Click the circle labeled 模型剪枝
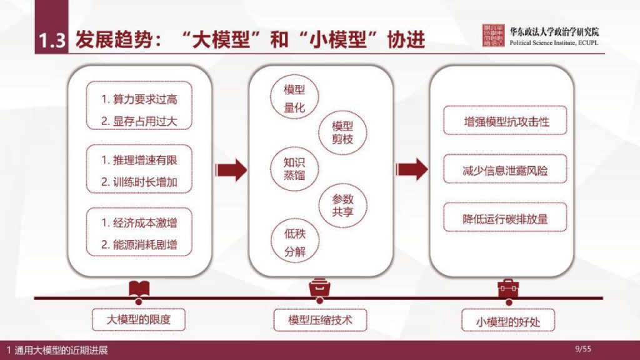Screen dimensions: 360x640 (342, 132)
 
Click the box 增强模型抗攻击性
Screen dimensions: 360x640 (506, 121)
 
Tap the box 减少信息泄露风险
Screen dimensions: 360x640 (506, 171)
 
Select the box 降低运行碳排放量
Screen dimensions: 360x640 (506, 220)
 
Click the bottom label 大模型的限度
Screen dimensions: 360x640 (139, 321)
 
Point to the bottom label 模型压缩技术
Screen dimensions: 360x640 (320, 321)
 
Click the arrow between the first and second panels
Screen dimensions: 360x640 (230, 169)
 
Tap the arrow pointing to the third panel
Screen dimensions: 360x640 (412, 169)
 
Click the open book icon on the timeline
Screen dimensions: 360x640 (139, 289)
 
